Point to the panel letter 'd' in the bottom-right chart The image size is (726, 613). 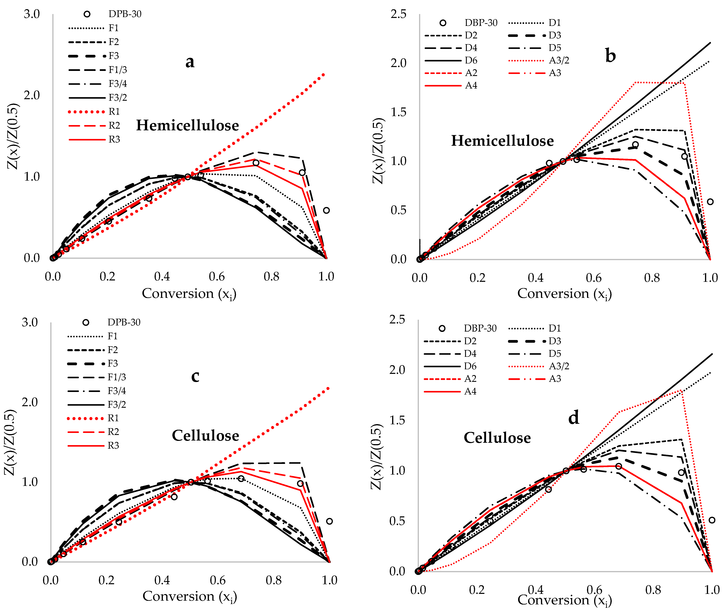point(574,417)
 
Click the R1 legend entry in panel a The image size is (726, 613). point(114,112)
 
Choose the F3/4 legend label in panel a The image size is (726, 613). point(118,84)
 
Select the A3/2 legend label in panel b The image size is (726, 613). point(559,60)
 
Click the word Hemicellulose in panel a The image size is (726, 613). point(187,125)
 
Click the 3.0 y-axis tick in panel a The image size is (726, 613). point(32,14)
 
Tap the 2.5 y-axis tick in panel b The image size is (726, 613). point(398,14)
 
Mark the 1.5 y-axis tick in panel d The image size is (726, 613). point(397,420)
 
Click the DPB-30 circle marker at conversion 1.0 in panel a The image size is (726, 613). point(326,210)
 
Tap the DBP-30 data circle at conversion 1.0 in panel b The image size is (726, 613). point(710,202)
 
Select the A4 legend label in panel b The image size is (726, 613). point(471,85)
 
